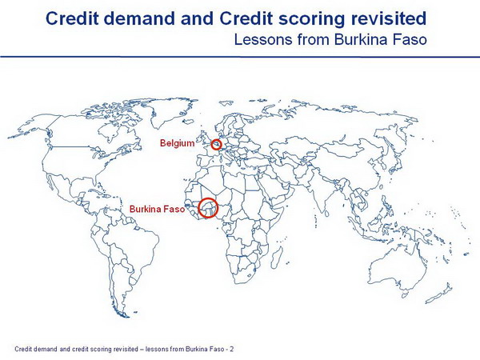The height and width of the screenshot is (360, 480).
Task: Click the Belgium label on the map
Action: (x=178, y=143)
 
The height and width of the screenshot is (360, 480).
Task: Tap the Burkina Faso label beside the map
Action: (x=157, y=209)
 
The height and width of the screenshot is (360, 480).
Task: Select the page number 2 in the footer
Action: (x=232, y=349)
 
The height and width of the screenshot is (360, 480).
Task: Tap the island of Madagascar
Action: (x=276, y=258)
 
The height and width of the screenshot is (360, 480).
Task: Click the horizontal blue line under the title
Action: (x=240, y=57)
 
